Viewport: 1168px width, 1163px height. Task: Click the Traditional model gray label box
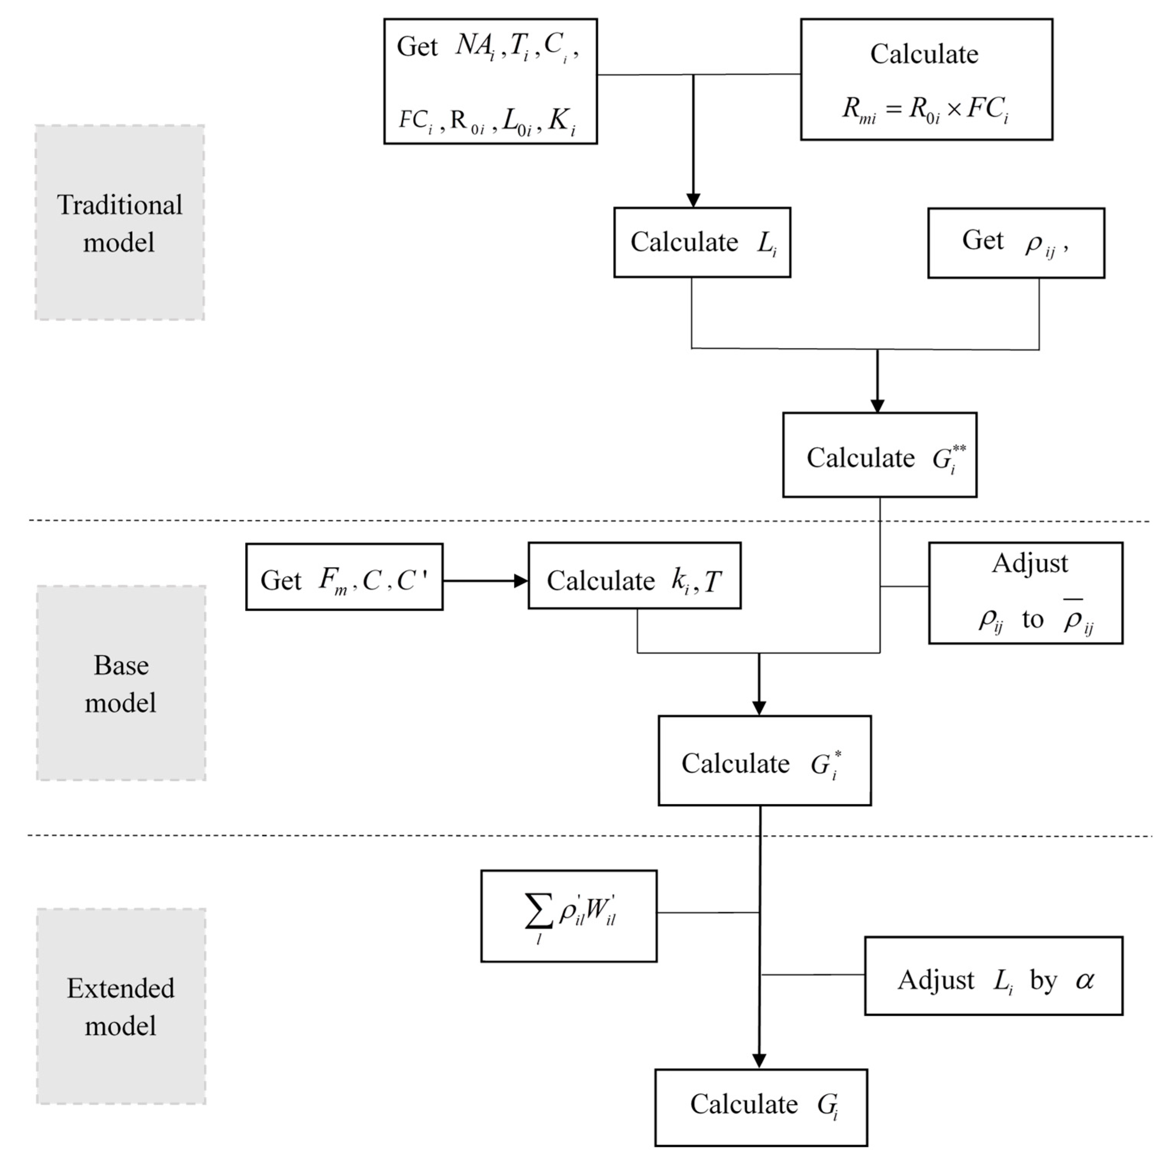point(120,223)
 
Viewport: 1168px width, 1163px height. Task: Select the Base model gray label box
point(121,683)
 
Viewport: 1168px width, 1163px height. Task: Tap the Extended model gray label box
point(121,1006)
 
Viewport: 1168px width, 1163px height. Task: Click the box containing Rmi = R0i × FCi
point(926,80)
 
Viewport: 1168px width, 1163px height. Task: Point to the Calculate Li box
point(702,243)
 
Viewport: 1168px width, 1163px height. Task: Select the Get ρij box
point(1016,243)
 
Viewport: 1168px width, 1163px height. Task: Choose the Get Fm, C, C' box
point(344,577)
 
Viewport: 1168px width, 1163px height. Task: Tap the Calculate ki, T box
point(634,576)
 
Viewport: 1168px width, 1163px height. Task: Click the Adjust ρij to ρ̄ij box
point(1025,593)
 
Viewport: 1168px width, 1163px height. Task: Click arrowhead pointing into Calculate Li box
point(693,200)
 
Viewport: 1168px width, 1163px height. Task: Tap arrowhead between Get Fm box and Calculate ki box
point(520,581)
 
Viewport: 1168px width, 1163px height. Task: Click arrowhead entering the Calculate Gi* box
point(759,708)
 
